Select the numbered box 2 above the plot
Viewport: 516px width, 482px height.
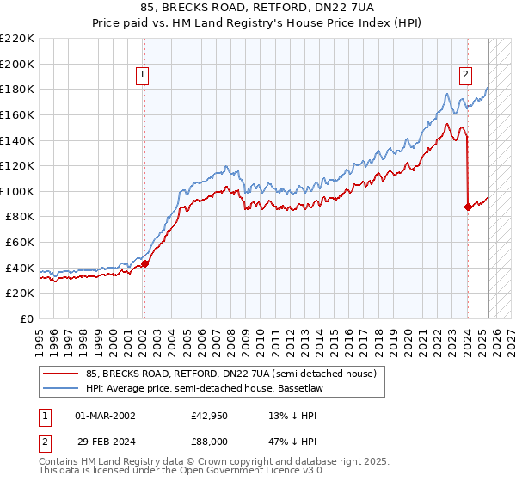click(x=465, y=75)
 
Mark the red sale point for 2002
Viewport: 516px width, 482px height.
click(x=144, y=264)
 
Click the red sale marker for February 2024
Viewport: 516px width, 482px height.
click(x=468, y=207)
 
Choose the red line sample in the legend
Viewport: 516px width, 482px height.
click(x=61, y=374)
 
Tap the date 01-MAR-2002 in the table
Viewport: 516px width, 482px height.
click(x=105, y=415)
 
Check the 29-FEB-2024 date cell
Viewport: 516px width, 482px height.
click(x=105, y=442)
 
